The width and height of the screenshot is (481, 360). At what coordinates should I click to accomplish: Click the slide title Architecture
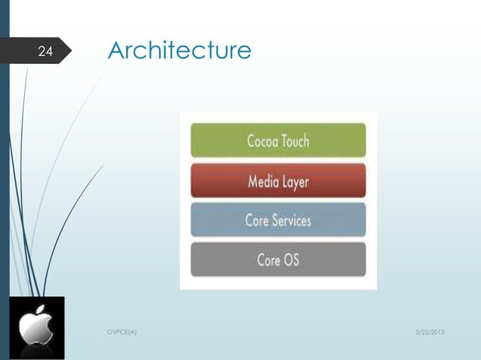[x=179, y=50]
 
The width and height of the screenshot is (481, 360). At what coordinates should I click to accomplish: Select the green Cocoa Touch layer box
[x=277, y=140]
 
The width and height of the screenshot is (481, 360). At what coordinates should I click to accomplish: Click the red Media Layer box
[x=277, y=181]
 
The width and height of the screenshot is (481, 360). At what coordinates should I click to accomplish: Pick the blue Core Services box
[x=277, y=221]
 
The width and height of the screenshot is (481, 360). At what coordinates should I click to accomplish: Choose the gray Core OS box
[x=277, y=260]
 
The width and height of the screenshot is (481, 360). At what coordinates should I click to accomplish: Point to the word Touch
[x=294, y=141]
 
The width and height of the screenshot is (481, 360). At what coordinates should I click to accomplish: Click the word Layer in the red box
[x=295, y=182]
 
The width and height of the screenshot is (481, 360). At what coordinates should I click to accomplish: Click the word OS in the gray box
[x=290, y=261]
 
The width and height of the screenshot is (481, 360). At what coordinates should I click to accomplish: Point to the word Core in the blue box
[x=259, y=221]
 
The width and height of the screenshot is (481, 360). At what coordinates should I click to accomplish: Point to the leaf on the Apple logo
[x=42, y=310]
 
